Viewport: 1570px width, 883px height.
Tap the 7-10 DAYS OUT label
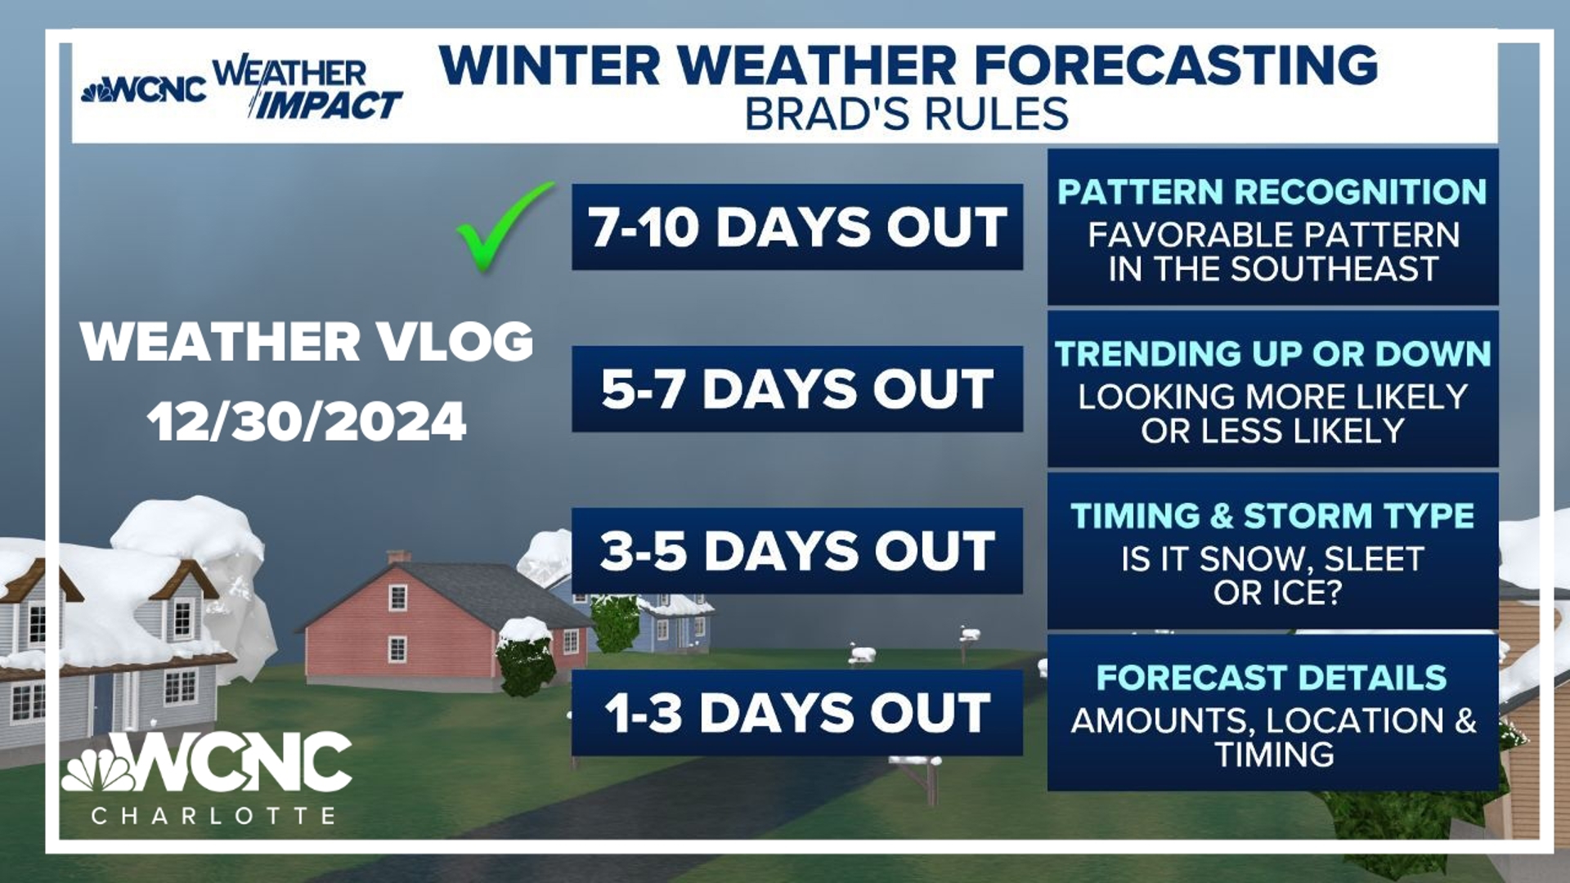tap(797, 226)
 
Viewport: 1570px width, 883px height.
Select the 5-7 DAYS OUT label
tap(797, 388)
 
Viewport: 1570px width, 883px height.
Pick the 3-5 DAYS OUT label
tap(797, 550)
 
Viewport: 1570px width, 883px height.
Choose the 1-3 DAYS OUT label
tap(797, 712)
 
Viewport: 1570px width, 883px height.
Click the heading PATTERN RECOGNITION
tap(1272, 192)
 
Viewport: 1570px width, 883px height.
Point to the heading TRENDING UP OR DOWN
tap(1272, 354)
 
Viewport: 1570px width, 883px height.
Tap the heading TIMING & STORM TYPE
tap(1272, 516)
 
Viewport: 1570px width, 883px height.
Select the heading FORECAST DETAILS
tap(1272, 678)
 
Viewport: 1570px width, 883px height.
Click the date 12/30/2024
tap(307, 422)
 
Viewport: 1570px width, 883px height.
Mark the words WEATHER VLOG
tap(307, 341)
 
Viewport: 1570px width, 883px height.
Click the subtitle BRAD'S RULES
tap(907, 114)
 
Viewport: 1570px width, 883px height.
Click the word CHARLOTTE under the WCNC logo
tap(213, 815)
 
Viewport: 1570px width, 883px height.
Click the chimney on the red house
tap(398, 557)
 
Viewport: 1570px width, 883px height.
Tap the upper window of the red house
tap(397, 598)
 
